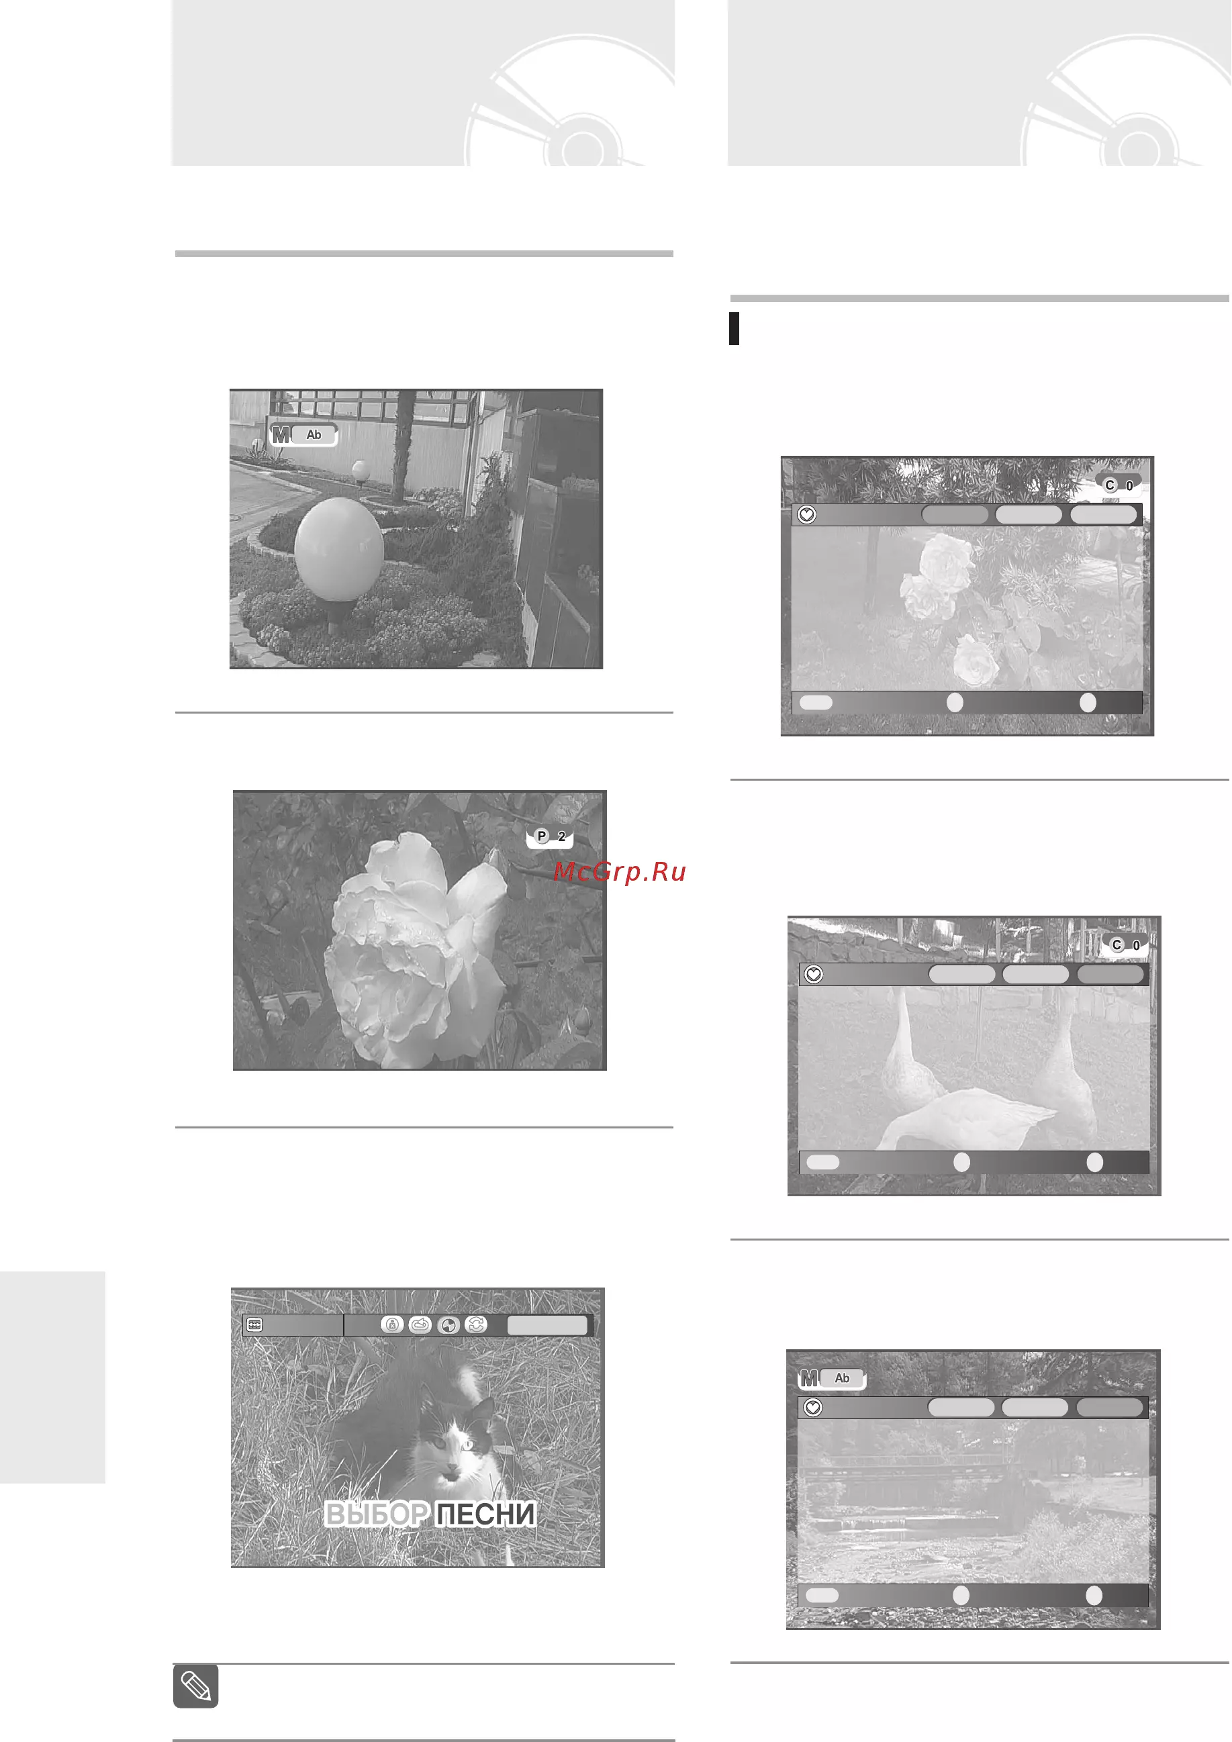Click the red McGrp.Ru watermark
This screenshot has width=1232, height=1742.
coord(620,872)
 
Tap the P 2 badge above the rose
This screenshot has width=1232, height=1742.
coord(550,837)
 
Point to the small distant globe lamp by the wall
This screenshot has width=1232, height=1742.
coord(361,471)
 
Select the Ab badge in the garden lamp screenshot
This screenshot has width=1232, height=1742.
coord(314,435)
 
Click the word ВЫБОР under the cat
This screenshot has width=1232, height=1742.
coord(377,1514)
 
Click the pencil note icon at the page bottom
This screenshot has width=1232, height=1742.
coord(196,1686)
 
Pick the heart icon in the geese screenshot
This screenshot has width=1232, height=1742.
coord(814,974)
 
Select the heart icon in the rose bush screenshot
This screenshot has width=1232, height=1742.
coord(806,515)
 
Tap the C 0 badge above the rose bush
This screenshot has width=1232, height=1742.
coord(1119,485)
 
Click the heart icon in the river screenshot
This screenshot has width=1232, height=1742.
coord(813,1408)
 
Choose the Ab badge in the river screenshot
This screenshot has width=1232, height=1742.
coord(842,1377)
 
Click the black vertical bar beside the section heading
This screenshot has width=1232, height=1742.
coord(734,328)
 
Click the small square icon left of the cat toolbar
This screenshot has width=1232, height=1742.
coord(255,1324)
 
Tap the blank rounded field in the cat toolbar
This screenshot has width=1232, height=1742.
coord(547,1324)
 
